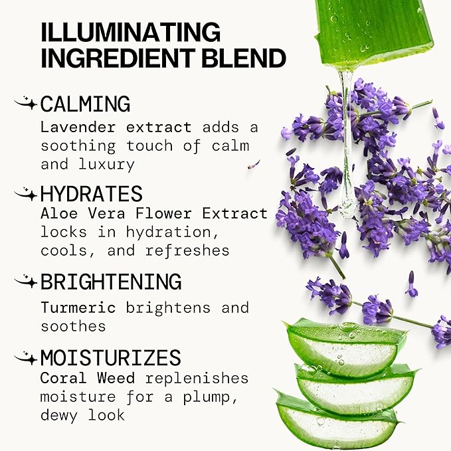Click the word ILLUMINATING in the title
(131, 32)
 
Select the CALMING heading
(85, 104)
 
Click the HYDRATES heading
(91, 193)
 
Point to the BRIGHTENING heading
(111, 282)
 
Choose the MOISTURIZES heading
(111, 357)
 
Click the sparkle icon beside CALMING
(26, 103)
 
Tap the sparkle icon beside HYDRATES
(26, 193)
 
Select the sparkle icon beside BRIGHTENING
(26, 281)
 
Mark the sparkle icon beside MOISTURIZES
(26, 357)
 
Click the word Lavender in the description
(78, 127)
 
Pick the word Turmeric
(78, 308)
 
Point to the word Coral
(63, 378)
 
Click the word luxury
(106, 165)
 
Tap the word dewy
(58, 416)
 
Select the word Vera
(106, 214)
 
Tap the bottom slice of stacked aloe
(337, 423)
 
